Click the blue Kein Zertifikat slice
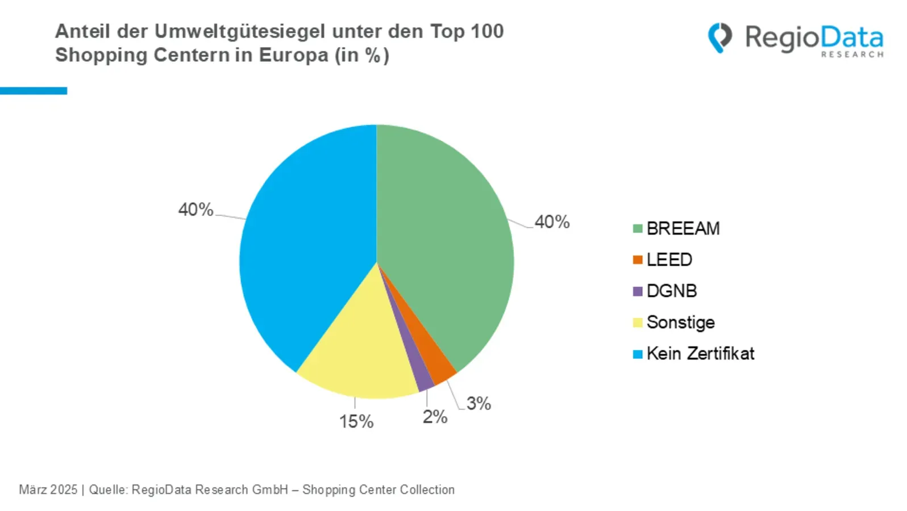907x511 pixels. (x=307, y=244)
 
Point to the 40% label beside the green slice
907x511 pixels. (x=552, y=222)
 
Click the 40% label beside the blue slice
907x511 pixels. (x=195, y=210)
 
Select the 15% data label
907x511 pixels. (x=356, y=422)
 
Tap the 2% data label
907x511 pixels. (x=435, y=417)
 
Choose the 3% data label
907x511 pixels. (x=479, y=404)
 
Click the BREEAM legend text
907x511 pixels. (x=683, y=229)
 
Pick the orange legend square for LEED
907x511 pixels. (x=638, y=260)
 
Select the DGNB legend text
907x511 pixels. (x=672, y=291)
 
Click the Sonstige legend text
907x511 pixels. (x=681, y=322)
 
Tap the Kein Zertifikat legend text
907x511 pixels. (x=700, y=354)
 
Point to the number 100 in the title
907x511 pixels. (x=487, y=31)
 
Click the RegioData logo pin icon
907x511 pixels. (x=720, y=37)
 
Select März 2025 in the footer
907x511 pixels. (x=48, y=490)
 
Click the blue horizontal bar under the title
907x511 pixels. (x=34, y=91)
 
